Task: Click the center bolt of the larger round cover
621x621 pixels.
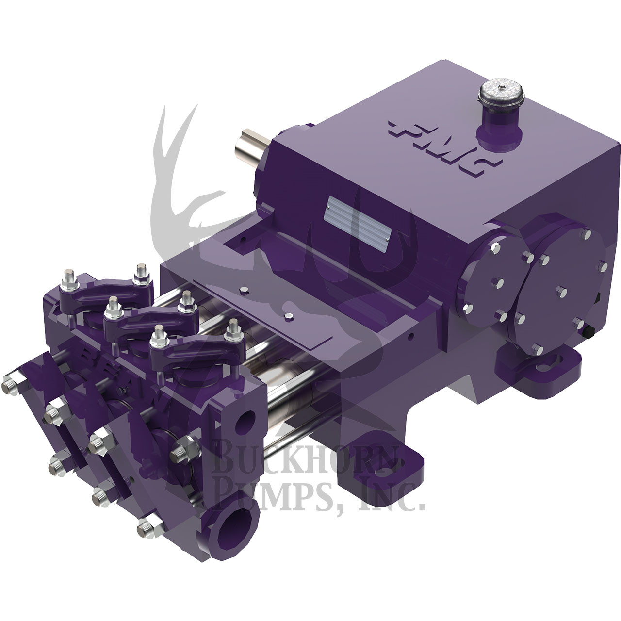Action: [564, 292]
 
